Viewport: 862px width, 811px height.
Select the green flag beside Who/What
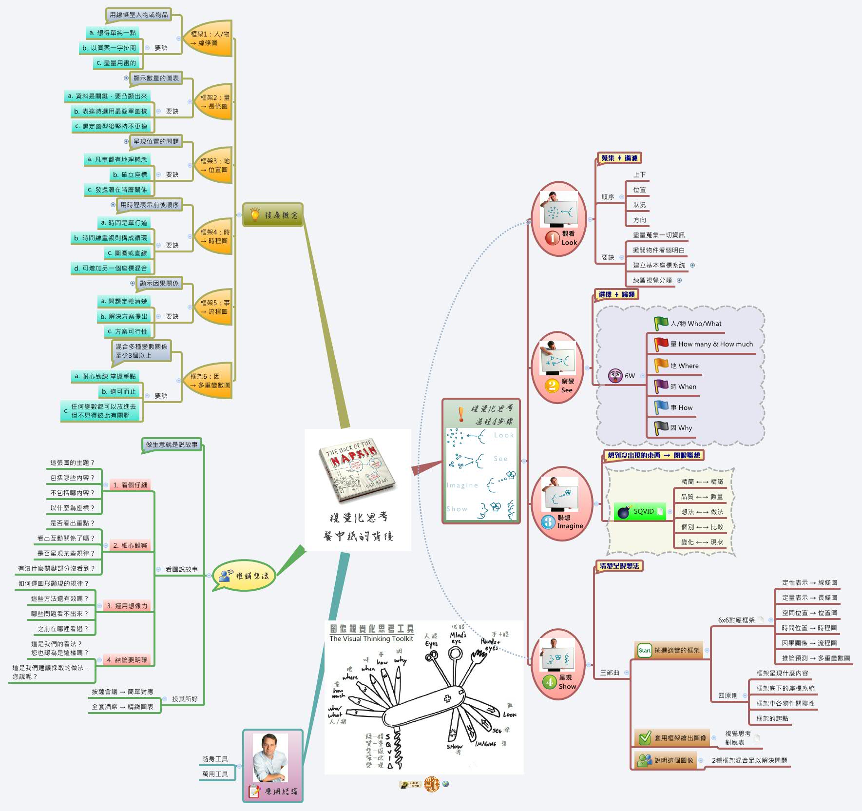pos(661,323)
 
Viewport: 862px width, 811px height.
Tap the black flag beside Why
pos(661,427)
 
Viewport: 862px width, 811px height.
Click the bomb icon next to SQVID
pos(624,512)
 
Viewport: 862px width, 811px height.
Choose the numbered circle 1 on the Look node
pos(552,238)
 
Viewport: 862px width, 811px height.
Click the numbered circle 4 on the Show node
pos(550,682)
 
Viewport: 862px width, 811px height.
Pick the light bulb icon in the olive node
pos(254,214)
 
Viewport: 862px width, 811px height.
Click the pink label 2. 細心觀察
pos(130,545)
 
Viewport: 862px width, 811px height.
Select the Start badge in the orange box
pos(644,650)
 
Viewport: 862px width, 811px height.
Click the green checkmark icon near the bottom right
pos(645,738)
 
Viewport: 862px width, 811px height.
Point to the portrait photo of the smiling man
pos(270,758)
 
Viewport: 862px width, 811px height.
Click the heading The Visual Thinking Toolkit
pos(371,638)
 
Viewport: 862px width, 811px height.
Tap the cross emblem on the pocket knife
pos(447,698)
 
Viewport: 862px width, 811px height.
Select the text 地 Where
pos(684,366)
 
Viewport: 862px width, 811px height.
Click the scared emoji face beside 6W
pos(615,376)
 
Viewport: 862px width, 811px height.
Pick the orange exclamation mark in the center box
pos(460,414)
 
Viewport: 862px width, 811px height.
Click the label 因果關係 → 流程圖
pos(809,643)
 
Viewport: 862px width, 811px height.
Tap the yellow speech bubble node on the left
pos(244,576)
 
